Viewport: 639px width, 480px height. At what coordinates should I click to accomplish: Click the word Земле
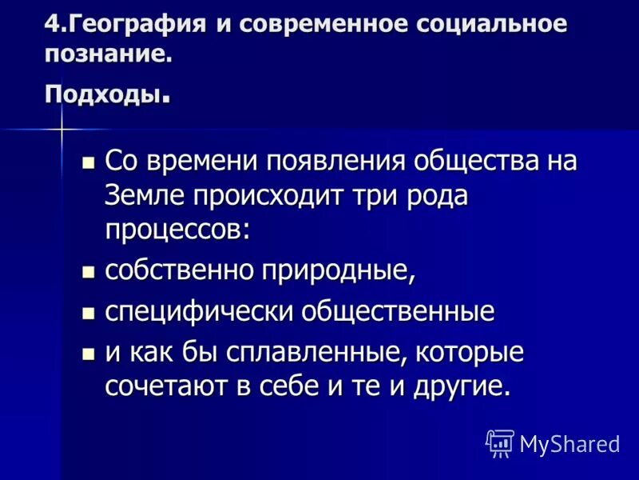[146, 194]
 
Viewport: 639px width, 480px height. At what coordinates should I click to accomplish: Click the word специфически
[199, 312]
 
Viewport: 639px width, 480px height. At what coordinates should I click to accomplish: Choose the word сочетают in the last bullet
[168, 386]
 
